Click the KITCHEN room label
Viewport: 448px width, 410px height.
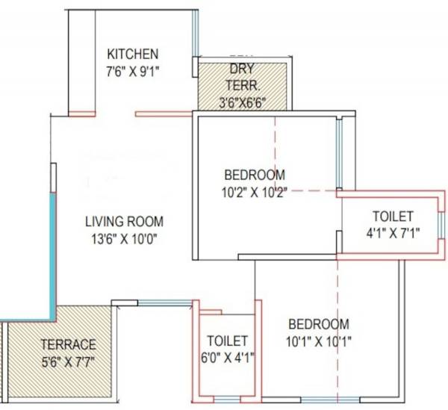click(x=133, y=54)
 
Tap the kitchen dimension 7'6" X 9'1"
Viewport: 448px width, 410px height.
click(x=133, y=71)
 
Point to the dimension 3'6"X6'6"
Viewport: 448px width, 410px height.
click(x=242, y=102)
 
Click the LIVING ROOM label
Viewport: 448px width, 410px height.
click(x=124, y=222)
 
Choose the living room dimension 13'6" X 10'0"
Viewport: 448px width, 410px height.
click(x=124, y=239)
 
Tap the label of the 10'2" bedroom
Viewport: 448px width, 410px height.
click(x=255, y=175)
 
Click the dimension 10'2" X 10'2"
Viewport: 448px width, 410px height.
click(x=255, y=192)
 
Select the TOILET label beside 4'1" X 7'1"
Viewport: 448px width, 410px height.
click(x=393, y=216)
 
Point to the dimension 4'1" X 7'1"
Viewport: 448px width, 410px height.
click(x=393, y=233)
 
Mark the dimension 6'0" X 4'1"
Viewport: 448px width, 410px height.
click(x=228, y=357)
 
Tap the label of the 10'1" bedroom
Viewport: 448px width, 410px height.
click(x=319, y=324)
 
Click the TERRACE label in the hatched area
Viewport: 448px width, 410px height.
click(x=69, y=344)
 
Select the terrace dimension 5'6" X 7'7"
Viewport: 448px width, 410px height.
click(x=69, y=362)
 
